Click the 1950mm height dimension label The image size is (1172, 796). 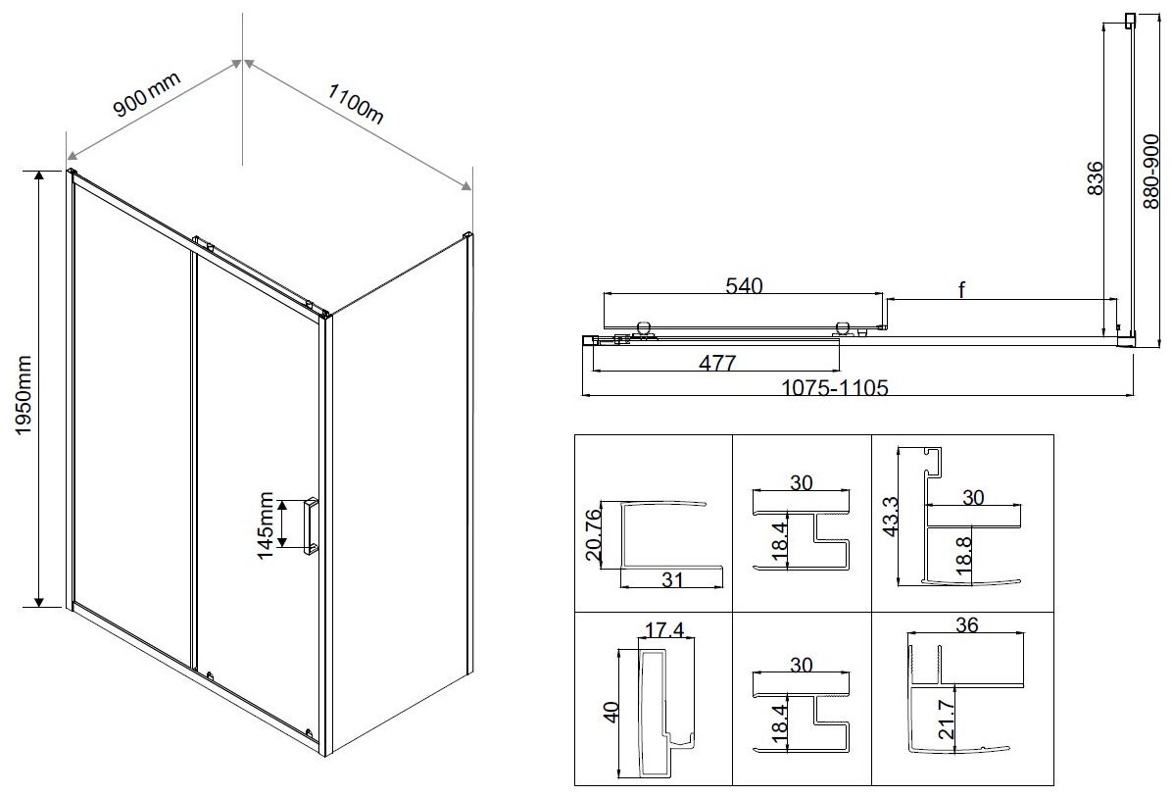coord(24,395)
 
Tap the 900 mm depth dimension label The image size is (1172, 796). coord(147,94)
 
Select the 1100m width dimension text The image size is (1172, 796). coord(356,103)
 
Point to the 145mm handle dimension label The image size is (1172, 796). coord(266,524)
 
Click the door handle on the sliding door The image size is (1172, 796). coord(311,525)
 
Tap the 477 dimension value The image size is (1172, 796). coord(716,363)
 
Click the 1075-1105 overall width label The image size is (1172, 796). coord(834,388)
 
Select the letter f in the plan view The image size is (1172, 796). coord(962,289)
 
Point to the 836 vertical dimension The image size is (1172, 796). coord(1094,178)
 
